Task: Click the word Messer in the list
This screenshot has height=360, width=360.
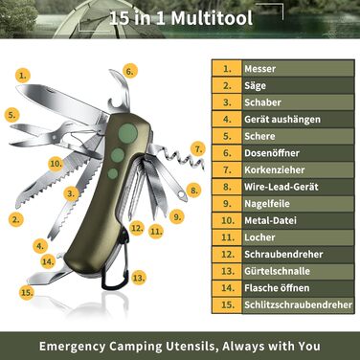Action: (x=259, y=69)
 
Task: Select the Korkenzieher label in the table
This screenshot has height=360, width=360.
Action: (x=275, y=169)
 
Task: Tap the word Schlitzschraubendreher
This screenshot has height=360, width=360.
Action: (x=299, y=304)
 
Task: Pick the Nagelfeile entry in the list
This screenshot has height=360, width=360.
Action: (x=267, y=204)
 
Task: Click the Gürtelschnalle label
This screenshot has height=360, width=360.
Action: (x=277, y=271)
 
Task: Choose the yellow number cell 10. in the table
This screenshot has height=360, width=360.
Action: (x=227, y=220)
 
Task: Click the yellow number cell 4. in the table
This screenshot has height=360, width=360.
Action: (x=227, y=120)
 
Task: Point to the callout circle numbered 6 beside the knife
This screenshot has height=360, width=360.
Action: (x=129, y=71)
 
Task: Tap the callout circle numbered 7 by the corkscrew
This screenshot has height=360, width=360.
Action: (x=198, y=149)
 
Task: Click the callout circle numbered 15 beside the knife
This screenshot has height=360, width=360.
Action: (x=27, y=292)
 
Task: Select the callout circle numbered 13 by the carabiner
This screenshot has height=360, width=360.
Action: (x=139, y=278)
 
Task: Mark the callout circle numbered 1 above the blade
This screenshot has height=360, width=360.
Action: (x=23, y=76)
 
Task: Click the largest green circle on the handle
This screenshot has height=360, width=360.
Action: (x=128, y=133)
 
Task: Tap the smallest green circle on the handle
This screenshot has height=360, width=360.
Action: (x=113, y=173)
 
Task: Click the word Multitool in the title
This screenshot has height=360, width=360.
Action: (x=212, y=18)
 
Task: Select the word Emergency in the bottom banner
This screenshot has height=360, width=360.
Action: (x=72, y=346)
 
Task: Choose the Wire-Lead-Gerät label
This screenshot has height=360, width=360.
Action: (x=281, y=187)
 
